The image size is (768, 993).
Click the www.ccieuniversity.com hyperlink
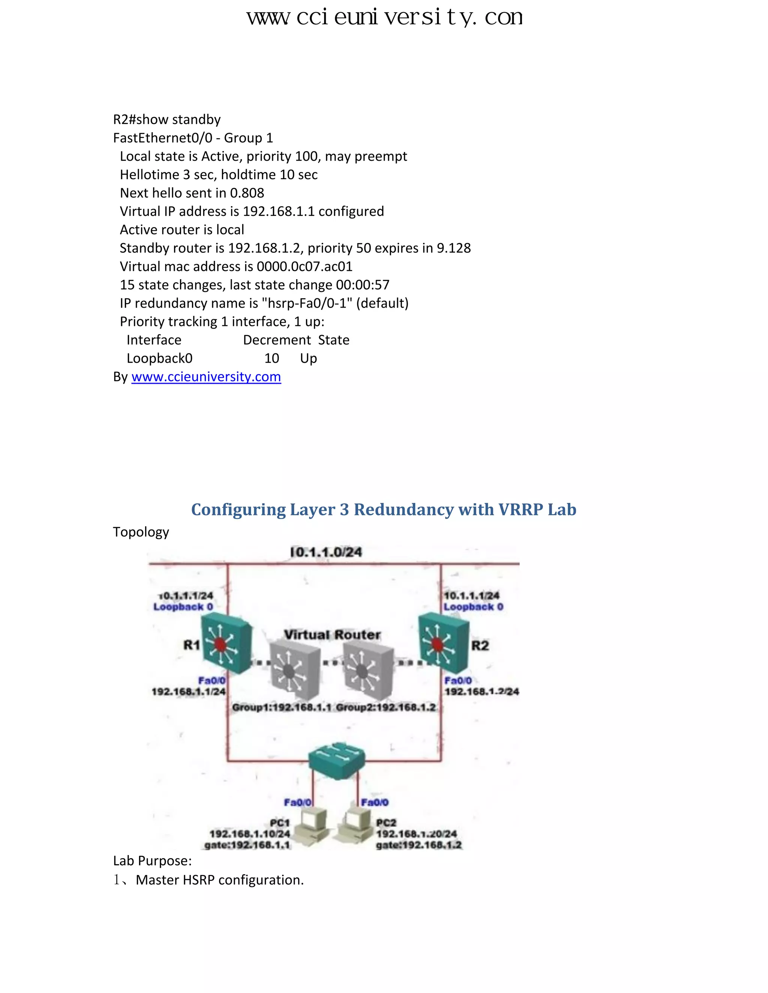click(x=206, y=377)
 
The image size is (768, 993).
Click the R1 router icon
click(x=226, y=644)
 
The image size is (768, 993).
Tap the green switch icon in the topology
click(x=337, y=760)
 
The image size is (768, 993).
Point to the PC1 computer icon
click(x=311, y=827)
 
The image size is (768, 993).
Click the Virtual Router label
click(x=332, y=635)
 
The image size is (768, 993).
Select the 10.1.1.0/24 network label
click(x=326, y=552)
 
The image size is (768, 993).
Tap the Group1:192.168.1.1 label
click(x=282, y=707)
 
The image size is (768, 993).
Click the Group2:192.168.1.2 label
click(x=386, y=707)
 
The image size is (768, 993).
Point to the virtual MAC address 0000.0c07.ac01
click(x=304, y=266)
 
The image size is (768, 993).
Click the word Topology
click(x=141, y=532)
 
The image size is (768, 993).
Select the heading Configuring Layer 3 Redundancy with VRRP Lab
click(x=384, y=510)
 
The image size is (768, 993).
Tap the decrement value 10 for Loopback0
click(x=271, y=358)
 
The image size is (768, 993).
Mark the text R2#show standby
click(x=167, y=120)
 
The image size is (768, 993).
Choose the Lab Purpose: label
click(x=152, y=861)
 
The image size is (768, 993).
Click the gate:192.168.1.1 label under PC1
click(x=247, y=845)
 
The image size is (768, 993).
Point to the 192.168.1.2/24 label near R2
click(x=481, y=692)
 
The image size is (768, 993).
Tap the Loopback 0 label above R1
click(x=183, y=607)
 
